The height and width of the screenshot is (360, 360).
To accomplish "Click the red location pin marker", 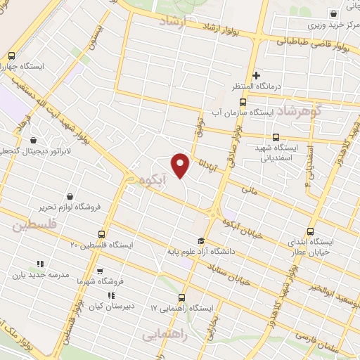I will [x=181, y=165].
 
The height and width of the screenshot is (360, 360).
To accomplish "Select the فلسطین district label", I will [x=33, y=226].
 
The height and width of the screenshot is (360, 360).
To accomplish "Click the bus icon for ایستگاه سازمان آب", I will [x=242, y=101].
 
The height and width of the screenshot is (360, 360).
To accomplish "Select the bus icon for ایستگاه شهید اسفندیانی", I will [x=276, y=138].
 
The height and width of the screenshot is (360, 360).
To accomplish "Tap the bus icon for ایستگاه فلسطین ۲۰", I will [x=102, y=233].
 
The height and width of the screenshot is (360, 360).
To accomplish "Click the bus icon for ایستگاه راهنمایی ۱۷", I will [x=183, y=297].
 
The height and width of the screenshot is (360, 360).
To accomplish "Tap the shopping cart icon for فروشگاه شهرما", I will [x=99, y=270].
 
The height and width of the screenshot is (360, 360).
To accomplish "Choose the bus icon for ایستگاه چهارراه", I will [x=11, y=56].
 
